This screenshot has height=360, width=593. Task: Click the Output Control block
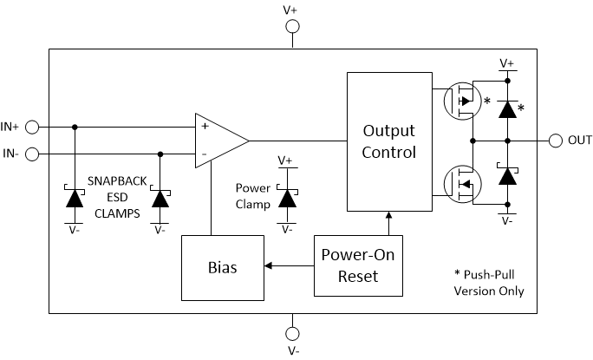click(388, 141)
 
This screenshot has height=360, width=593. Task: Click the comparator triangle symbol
click(219, 140)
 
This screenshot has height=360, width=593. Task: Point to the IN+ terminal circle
click(32, 128)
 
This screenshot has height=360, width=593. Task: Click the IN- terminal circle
click(32, 154)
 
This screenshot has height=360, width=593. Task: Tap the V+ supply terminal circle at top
click(292, 28)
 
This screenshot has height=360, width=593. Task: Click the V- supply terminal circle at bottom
click(292, 333)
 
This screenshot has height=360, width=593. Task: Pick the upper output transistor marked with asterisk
click(461, 101)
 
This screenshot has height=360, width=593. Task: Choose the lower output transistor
click(461, 183)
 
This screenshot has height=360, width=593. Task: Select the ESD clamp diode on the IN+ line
click(75, 197)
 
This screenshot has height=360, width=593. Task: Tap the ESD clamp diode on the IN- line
click(160, 197)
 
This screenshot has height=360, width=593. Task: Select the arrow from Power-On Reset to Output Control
click(388, 223)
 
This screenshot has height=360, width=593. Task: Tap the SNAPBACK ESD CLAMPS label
click(116, 196)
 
